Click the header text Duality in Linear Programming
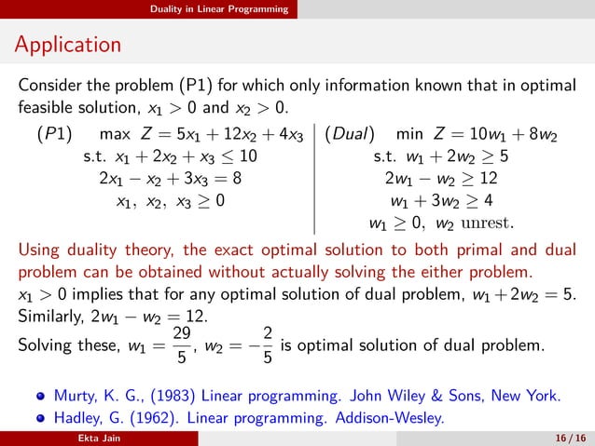pyautogui.click(x=221, y=9)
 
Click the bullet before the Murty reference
pyautogui.click(x=40, y=395)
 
